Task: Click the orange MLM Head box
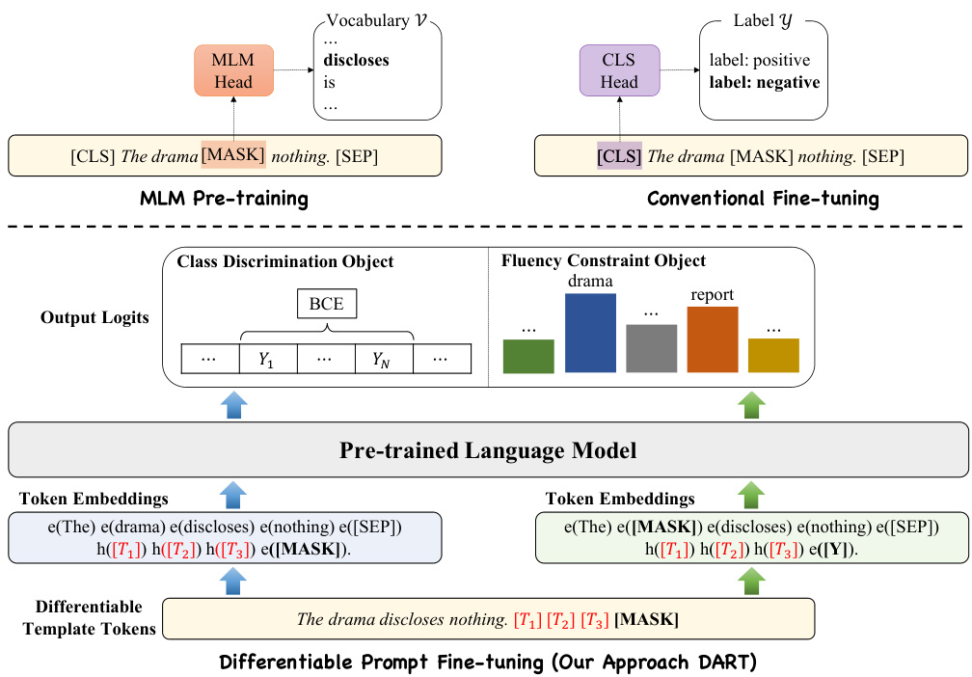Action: [x=232, y=70]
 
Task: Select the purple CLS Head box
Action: [x=619, y=70]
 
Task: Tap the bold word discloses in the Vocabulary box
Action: [x=357, y=60]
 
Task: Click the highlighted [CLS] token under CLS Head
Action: [x=619, y=154]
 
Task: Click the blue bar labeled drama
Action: [x=590, y=333]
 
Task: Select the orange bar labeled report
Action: [x=712, y=339]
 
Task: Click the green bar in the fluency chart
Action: [x=528, y=356]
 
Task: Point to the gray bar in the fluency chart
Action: [x=652, y=348]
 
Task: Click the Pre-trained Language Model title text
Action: [x=488, y=450]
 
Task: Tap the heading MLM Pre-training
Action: [x=224, y=200]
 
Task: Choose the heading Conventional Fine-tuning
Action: [x=763, y=200]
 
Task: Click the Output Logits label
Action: [x=94, y=317]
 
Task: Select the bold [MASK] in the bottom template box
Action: [x=646, y=619]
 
